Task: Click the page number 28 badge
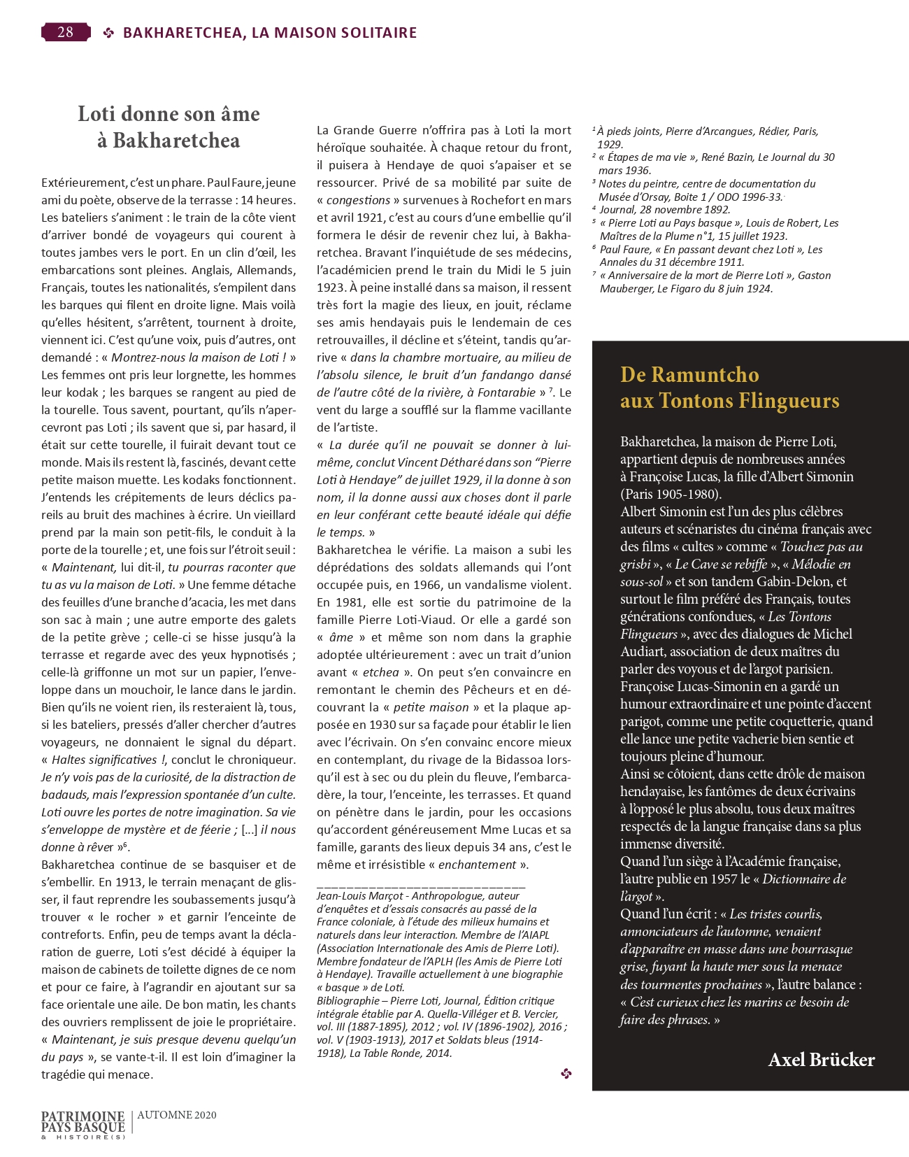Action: [66, 32]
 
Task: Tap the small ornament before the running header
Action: [108, 32]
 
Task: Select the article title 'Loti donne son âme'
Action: [169, 114]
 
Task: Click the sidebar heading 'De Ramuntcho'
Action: [689, 374]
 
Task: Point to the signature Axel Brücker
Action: [821, 1060]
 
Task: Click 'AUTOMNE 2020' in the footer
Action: [177, 1115]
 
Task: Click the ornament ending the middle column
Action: [566, 1073]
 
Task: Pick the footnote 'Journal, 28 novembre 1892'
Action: [664, 209]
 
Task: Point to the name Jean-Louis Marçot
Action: [360, 895]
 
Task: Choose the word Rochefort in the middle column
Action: [456, 200]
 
